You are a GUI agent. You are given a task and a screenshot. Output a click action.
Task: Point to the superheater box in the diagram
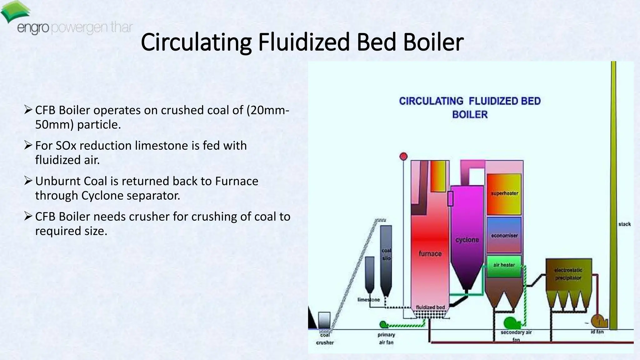[x=504, y=194]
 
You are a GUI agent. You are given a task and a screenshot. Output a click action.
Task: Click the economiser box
[x=504, y=235]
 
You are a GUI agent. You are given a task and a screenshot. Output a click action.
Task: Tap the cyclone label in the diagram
[x=467, y=240]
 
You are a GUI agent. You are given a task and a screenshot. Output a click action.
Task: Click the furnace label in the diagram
[x=430, y=253]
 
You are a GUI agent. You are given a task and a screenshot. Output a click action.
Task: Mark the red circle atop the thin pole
[x=403, y=156]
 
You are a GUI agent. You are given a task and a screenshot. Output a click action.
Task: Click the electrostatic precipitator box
[x=568, y=274]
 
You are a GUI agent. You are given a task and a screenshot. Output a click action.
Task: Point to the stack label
[x=624, y=224]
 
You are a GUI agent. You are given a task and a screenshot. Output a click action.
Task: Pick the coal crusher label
[x=325, y=339]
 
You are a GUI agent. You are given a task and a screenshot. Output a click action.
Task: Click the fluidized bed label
[x=430, y=307]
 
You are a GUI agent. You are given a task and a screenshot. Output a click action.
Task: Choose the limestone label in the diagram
[x=369, y=300]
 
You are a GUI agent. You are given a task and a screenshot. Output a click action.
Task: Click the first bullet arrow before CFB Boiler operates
[x=28, y=110]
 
